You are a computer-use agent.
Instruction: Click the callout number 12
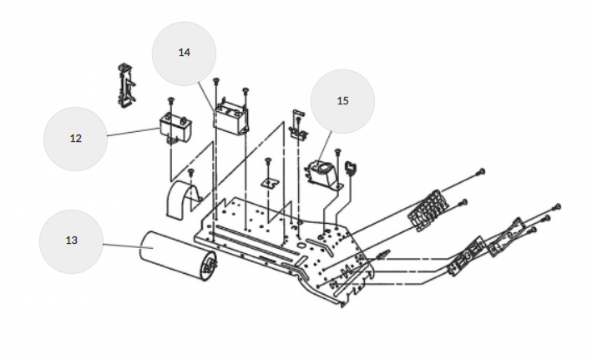75,139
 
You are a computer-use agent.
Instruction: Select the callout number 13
71,241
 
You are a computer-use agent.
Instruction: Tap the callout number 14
185,52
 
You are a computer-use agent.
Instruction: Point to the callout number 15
342,101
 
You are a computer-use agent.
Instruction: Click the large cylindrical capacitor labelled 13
178,256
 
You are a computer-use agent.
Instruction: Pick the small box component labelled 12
175,129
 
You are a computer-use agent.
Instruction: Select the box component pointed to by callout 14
231,118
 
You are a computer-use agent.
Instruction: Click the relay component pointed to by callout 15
324,174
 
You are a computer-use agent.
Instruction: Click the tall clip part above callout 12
126,86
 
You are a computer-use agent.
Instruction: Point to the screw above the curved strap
191,174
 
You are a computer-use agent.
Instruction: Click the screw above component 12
170,102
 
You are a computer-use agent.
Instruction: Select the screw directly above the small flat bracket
268,162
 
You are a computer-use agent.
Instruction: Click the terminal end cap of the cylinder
210,266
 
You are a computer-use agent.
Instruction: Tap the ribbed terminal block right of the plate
428,210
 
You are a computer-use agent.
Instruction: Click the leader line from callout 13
122,246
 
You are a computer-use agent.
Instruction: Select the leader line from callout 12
134,132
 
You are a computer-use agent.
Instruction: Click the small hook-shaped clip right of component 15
352,168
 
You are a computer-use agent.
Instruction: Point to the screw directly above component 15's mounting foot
338,152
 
